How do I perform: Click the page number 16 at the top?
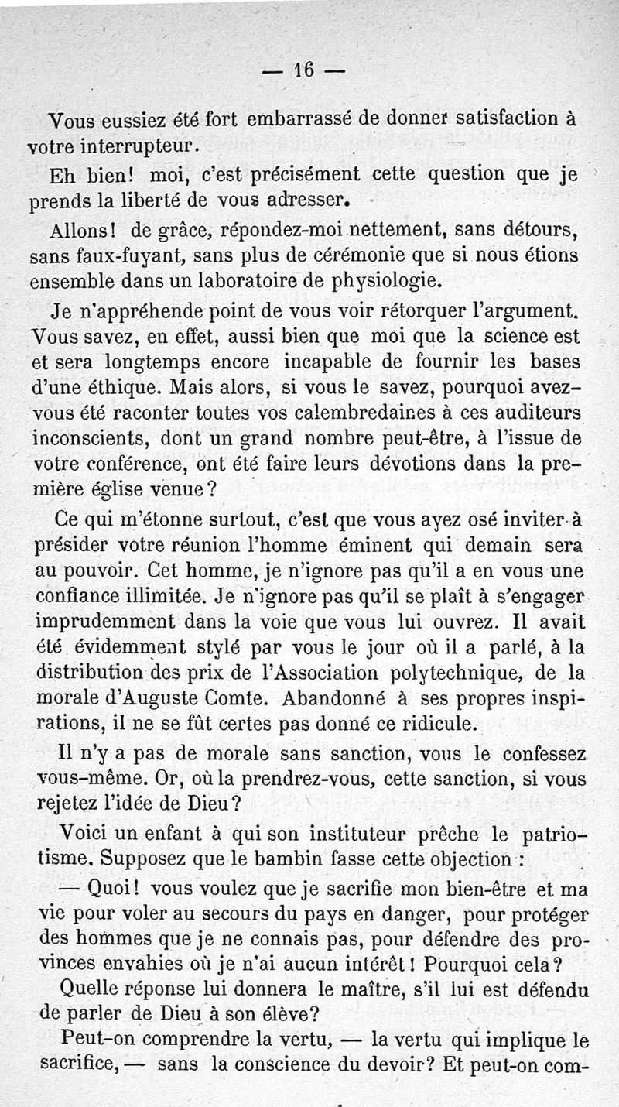(x=303, y=70)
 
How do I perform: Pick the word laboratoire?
(x=229, y=279)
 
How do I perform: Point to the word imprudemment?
(x=104, y=622)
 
